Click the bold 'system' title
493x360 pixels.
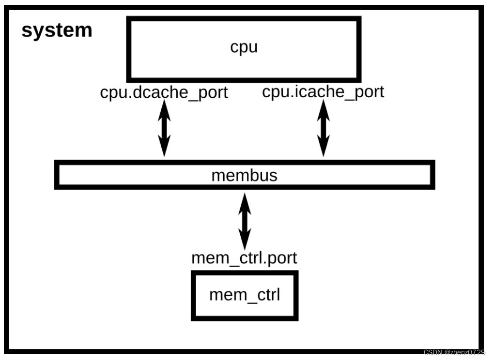[57, 31]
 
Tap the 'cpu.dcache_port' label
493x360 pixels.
[164, 92]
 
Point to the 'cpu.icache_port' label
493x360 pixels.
[323, 91]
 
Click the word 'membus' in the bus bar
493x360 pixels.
[244, 175]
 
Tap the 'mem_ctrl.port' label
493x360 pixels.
[244, 257]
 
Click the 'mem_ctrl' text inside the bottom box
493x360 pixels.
[244, 294]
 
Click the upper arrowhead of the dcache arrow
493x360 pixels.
[164, 110]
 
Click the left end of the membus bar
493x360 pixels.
[58, 175]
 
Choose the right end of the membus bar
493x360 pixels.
[431, 175]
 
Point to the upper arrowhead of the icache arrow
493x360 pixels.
[323, 110]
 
